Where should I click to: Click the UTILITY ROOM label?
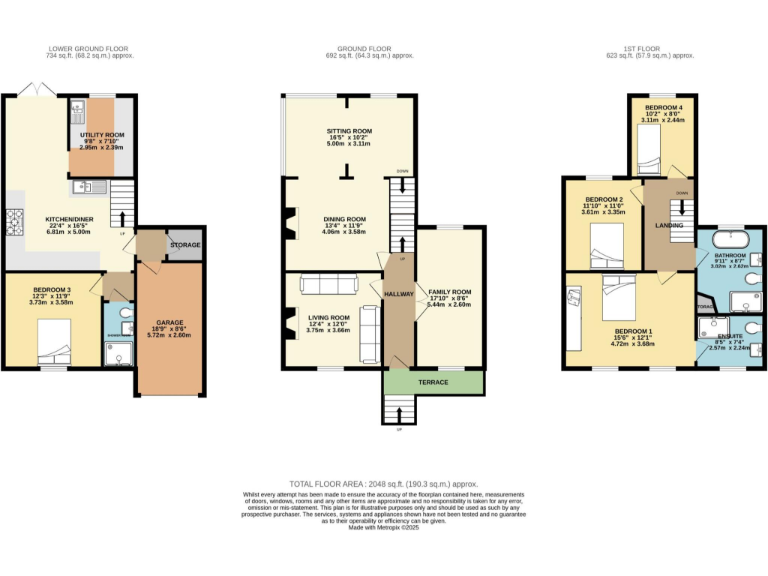tap(101, 134)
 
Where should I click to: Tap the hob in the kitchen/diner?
tap(16, 218)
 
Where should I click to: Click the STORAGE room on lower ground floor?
tap(185, 245)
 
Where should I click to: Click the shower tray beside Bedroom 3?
tap(119, 350)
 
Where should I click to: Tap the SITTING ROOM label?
tap(348, 131)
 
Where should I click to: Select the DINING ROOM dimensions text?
tap(343, 231)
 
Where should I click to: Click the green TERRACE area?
tap(433, 383)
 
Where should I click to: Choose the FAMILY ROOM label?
tap(449, 292)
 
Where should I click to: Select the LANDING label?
tap(669, 226)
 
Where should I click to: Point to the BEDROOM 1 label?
tap(632, 331)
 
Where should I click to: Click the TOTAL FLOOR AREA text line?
tap(384, 482)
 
